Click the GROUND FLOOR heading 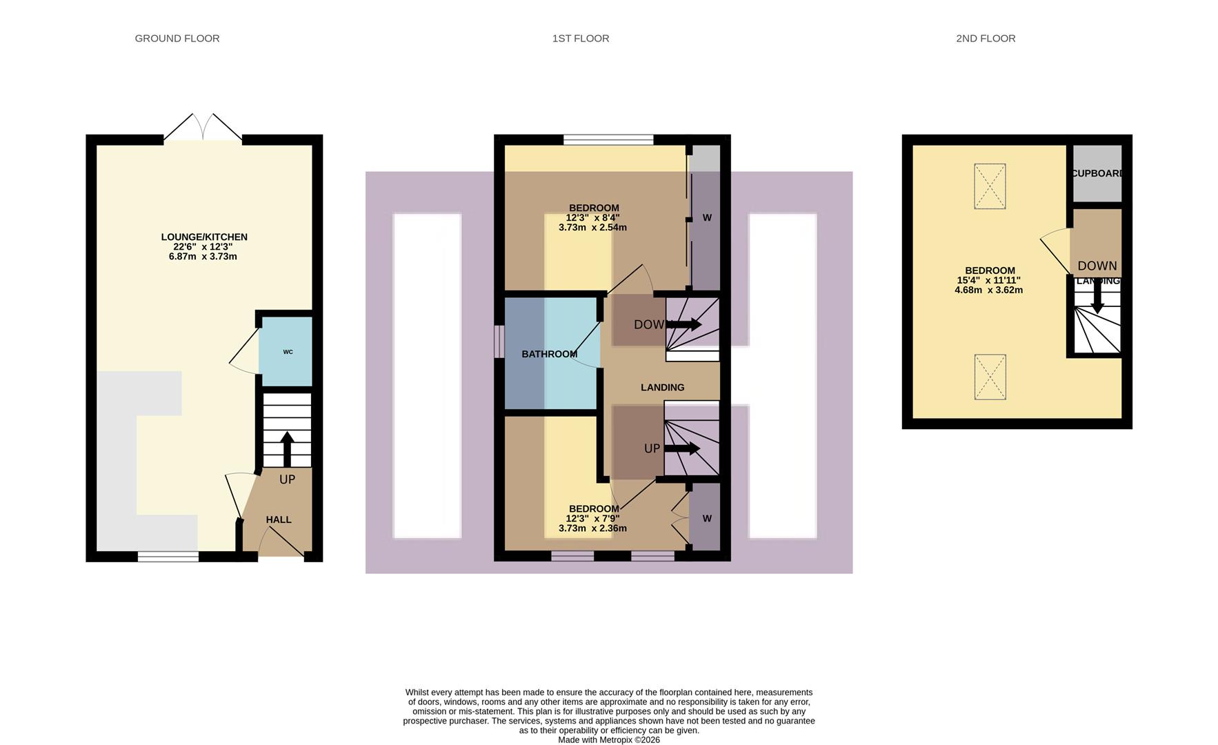pos(177,39)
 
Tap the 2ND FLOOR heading pos(986,39)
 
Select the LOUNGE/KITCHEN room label pos(204,237)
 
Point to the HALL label pos(279,519)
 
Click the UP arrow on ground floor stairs pos(287,449)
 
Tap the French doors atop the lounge pos(203,129)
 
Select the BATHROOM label pos(549,354)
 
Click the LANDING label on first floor pos(662,388)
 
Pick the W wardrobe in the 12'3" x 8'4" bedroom pos(706,218)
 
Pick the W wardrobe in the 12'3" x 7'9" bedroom pos(706,518)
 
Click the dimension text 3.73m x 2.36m pos(592,528)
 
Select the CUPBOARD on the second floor pos(1096,173)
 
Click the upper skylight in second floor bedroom pos(990,186)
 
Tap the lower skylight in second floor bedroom pos(990,377)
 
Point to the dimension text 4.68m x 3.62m pos(988,290)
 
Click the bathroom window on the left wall pos(499,341)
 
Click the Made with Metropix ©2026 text pos(608,739)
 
